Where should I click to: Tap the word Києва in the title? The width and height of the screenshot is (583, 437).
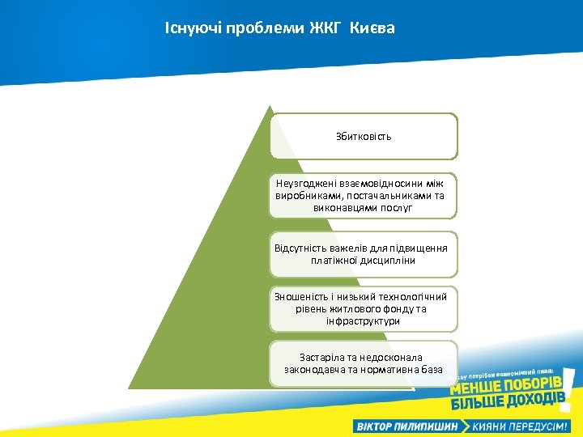pyautogui.click(x=372, y=29)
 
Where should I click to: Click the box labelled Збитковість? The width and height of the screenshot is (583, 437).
pyautogui.click(x=364, y=136)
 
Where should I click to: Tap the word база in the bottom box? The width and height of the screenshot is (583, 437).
pyautogui.click(x=431, y=369)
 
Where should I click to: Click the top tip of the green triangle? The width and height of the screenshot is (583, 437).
pyautogui.click(x=269, y=107)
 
